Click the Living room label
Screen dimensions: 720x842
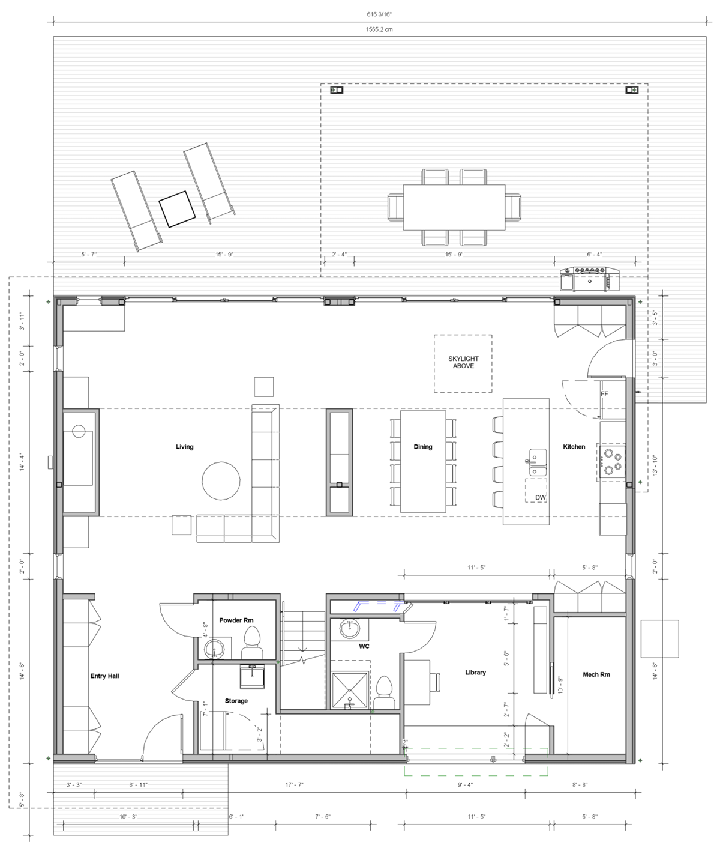point(184,447)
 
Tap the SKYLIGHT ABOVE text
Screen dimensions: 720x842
point(463,362)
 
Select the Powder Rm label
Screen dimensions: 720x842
point(236,620)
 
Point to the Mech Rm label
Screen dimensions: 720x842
point(596,674)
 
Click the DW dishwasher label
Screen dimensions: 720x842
point(540,497)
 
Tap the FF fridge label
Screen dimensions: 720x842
point(604,394)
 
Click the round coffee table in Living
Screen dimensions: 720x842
point(221,480)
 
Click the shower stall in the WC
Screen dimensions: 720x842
point(350,691)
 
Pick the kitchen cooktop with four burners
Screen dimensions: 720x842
point(612,461)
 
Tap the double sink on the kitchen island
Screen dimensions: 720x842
point(538,462)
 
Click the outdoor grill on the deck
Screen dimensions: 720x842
point(590,279)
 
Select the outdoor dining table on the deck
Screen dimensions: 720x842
point(454,207)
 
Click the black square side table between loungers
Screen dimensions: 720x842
point(177,209)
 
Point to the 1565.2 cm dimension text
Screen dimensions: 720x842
point(379,29)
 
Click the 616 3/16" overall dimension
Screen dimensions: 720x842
point(379,14)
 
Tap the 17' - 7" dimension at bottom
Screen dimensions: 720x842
point(294,784)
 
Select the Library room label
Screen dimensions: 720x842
point(475,673)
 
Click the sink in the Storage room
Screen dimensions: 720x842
point(252,677)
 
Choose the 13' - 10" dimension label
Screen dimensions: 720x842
point(655,465)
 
